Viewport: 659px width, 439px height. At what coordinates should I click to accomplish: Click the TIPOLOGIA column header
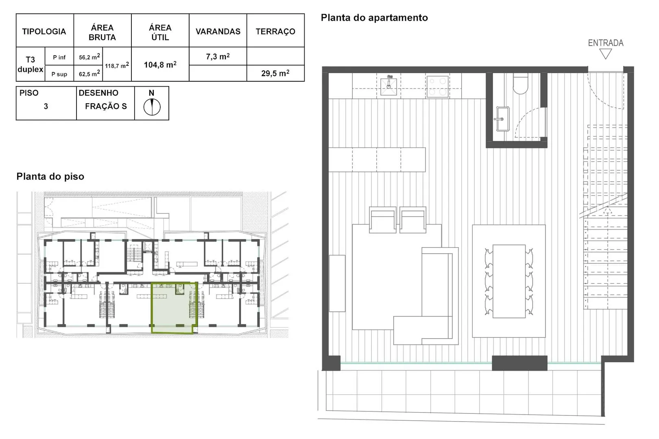(44, 31)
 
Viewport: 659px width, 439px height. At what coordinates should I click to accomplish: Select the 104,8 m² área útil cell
(160, 64)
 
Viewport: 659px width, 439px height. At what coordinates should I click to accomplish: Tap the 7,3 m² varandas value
(218, 56)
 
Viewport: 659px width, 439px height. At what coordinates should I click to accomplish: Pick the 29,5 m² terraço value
(275, 73)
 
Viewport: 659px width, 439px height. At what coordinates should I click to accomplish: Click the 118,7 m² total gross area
(117, 65)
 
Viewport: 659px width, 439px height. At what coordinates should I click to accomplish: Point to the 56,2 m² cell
(89, 57)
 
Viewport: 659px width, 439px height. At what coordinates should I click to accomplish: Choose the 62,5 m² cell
(89, 74)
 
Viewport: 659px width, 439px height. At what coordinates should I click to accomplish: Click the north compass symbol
(152, 107)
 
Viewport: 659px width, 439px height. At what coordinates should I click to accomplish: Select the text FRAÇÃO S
(106, 106)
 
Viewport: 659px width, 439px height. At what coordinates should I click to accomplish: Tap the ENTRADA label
(605, 43)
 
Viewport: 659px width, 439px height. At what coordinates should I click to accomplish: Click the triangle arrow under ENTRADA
(605, 54)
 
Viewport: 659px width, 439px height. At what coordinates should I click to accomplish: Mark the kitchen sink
(388, 85)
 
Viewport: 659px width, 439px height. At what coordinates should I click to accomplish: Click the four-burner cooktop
(437, 87)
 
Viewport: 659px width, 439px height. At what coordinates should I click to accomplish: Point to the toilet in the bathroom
(520, 83)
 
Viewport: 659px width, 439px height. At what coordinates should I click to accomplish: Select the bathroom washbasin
(503, 119)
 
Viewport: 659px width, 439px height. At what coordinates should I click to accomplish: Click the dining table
(509, 281)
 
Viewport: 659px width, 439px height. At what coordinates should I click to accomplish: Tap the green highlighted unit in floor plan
(174, 308)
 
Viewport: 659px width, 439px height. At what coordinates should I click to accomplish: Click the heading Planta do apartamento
(374, 17)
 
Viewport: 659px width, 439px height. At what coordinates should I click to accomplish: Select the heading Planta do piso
(50, 176)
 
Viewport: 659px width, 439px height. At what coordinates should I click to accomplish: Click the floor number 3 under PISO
(46, 106)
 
